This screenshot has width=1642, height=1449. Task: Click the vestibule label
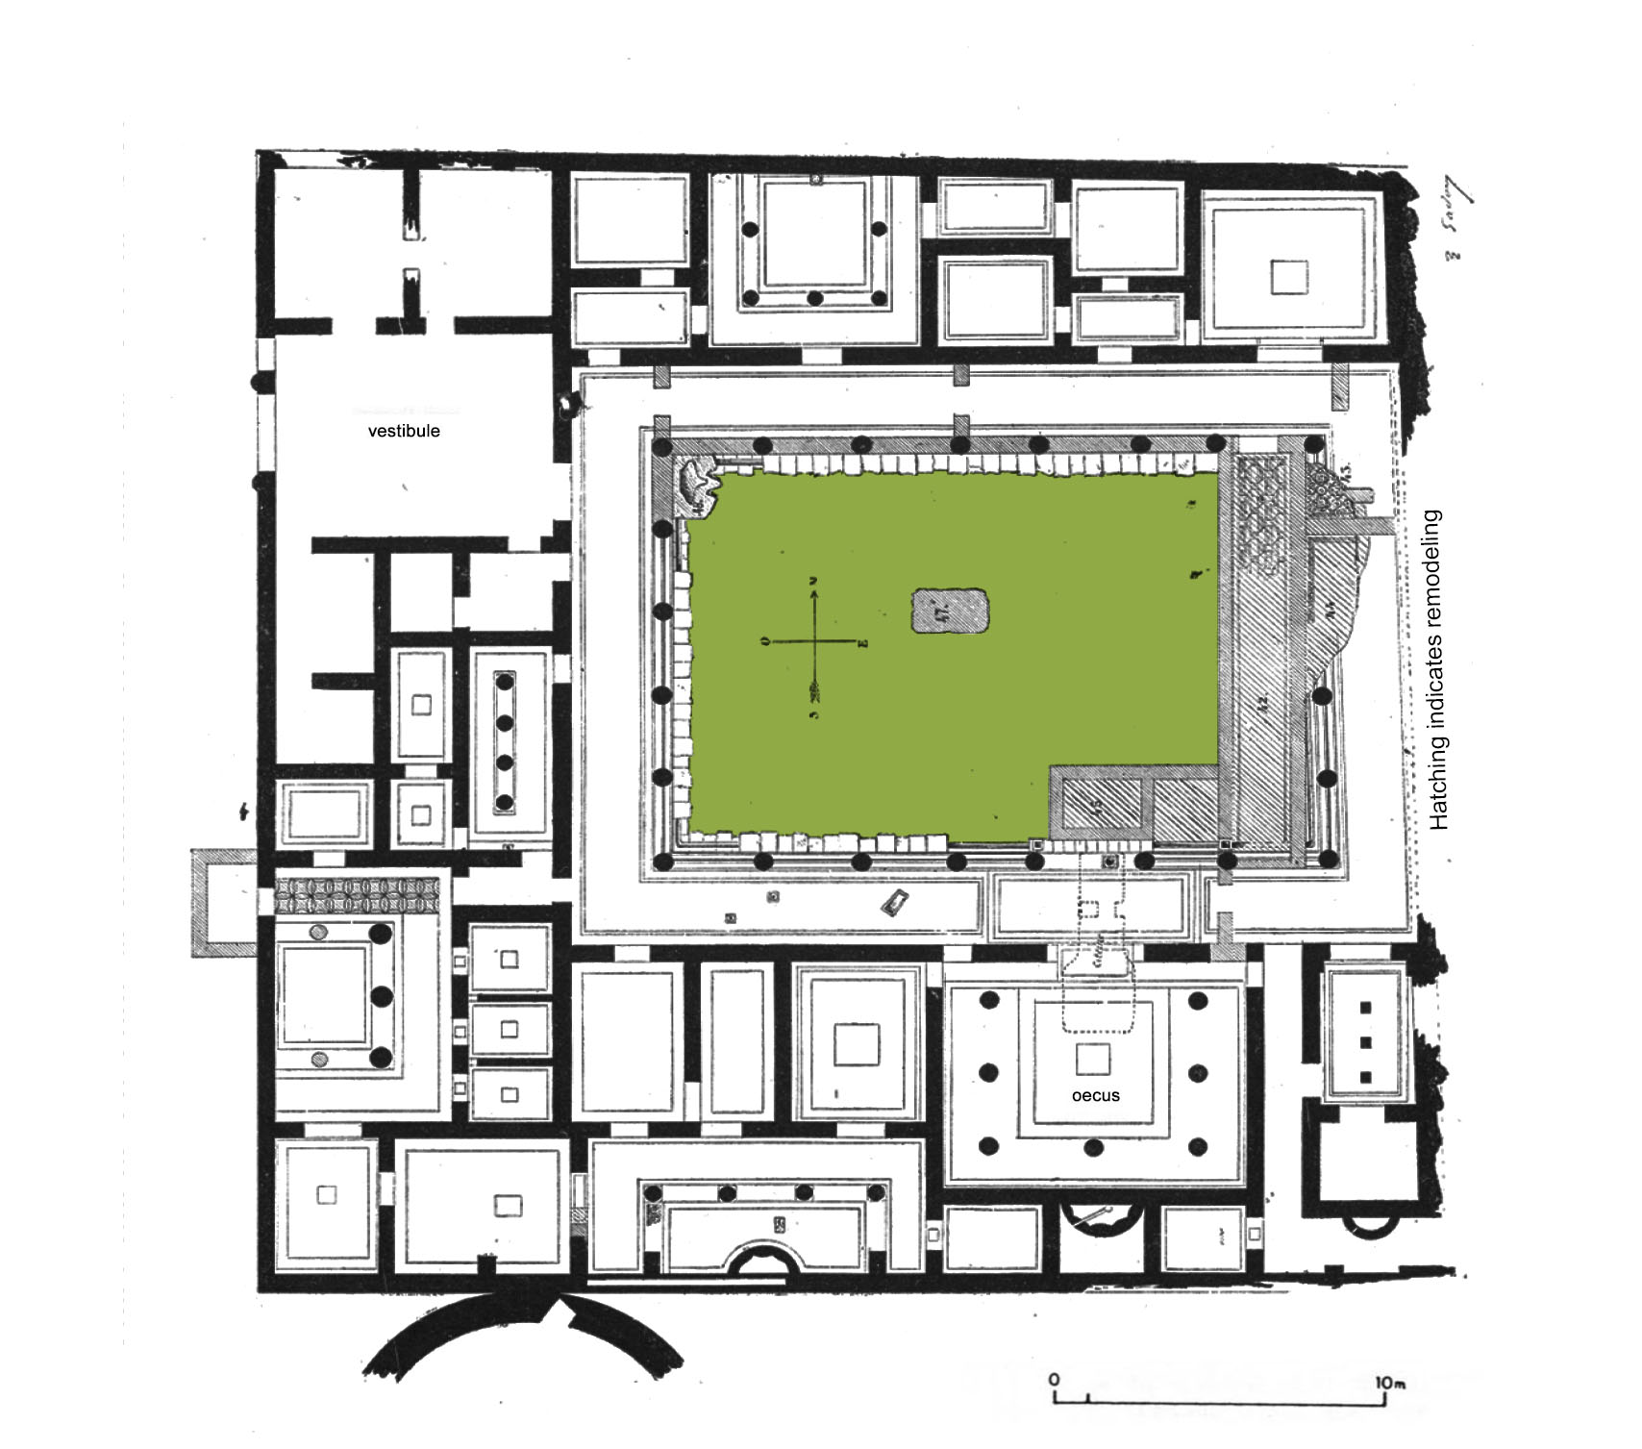[404, 431]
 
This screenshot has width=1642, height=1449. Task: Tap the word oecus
[1095, 1095]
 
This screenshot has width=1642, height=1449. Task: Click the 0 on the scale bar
[1054, 1380]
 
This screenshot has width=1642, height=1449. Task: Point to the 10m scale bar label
[1390, 1383]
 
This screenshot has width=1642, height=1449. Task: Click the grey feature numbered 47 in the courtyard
[949, 611]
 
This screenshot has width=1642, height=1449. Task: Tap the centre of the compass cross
[815, 642]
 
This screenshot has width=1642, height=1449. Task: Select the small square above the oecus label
[1092, 1059]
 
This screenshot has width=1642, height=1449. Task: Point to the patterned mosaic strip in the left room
[358, 896]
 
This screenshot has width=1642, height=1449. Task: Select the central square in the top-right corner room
[1288, 277]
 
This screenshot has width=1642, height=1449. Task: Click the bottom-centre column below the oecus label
[1092, 1147]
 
